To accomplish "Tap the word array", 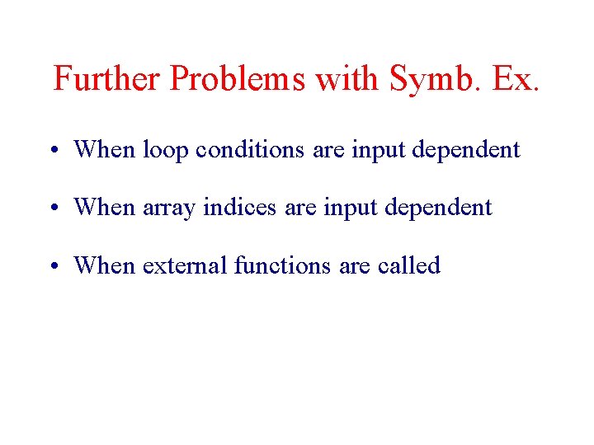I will tap(169, 207).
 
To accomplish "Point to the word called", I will tap(408, 265).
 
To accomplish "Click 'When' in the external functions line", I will tap(105, 265).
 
